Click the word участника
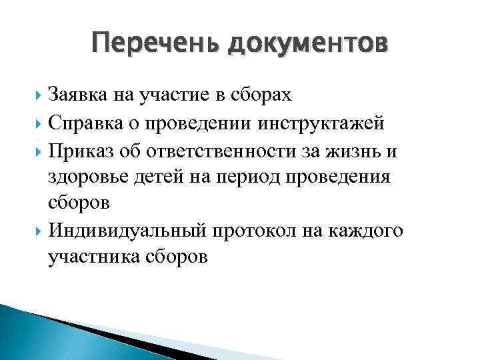click(x=91, y=257)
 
